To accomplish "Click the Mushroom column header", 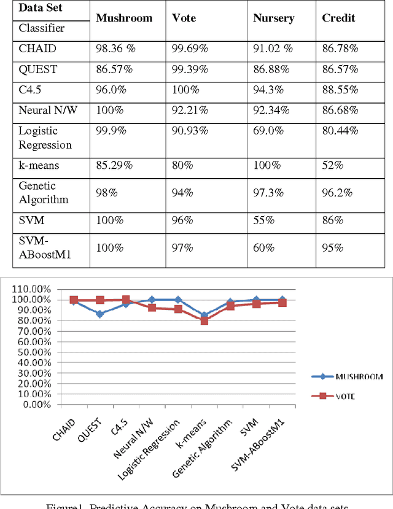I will click(x=124, y=18).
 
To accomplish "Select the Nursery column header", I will click(x=274, y=18).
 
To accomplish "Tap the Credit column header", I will click(x=338, y=18).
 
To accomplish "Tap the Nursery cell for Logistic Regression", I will click(x=266, y=132).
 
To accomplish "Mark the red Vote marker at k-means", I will click(x=204, y=321).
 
